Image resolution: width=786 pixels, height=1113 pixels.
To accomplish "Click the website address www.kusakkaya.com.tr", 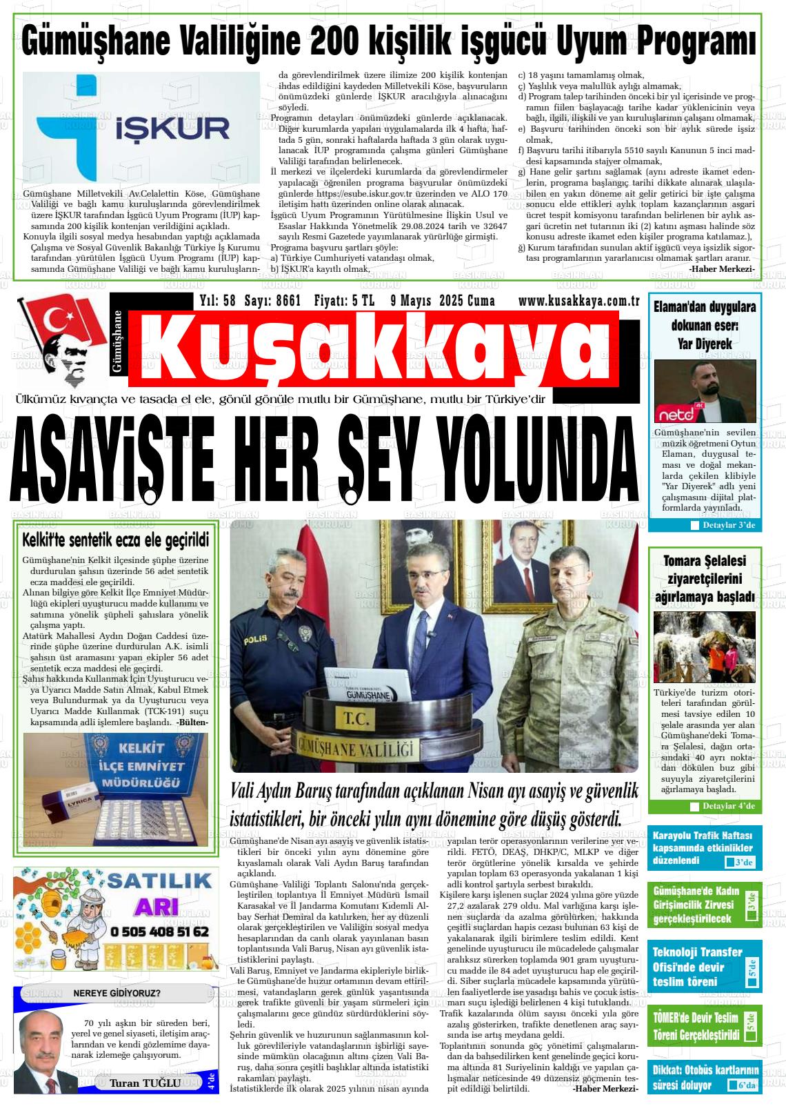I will (579, 300).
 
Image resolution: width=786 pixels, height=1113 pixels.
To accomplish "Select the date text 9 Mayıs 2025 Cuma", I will (442, 300).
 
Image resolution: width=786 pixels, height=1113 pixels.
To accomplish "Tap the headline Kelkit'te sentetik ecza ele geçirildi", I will (115, 539).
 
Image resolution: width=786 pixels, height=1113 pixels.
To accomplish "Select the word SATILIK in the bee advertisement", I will (160, 881).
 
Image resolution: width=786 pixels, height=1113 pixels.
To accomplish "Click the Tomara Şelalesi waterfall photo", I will (705, 647).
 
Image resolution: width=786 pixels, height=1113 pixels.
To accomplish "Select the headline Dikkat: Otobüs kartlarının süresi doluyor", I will (705, 1078).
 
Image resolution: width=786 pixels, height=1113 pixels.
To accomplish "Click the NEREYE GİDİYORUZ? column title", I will (117, 994).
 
